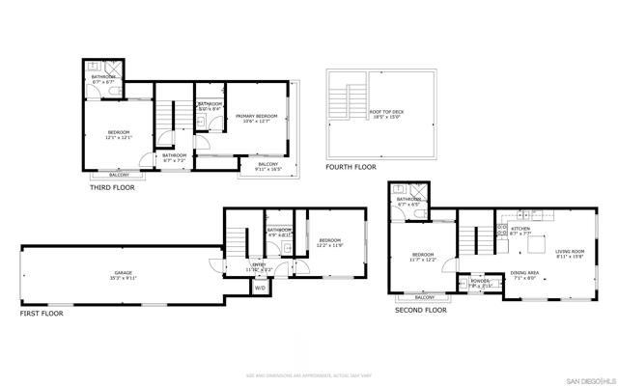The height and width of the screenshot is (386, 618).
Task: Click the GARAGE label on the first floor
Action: click(123, 273)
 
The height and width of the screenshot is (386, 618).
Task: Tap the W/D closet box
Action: click(260, 288)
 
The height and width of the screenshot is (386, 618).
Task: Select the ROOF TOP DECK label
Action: click(387, 112)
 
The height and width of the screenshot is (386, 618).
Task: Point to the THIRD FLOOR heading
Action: click(112, 187)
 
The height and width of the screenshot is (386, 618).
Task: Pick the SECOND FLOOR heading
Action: click(421, 310)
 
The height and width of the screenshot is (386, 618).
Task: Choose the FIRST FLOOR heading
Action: click(42, 314)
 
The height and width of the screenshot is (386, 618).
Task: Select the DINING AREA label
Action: click(525, 273)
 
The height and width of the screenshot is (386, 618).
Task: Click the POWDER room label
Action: click(480, 282)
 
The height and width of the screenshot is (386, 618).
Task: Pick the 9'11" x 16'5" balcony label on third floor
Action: click(267, 169)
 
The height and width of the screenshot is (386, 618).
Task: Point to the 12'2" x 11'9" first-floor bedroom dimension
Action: click(330, 245)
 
